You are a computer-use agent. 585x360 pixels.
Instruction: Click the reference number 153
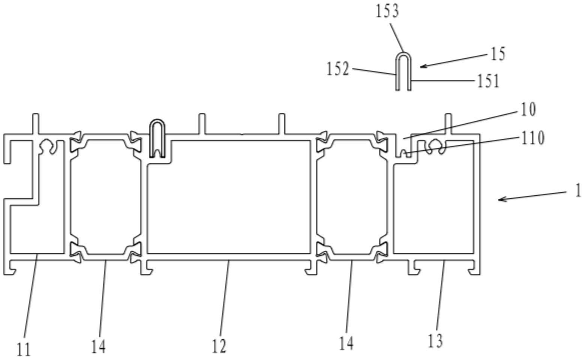click(x=387, y=11)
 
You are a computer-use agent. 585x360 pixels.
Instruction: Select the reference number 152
click(x=338, y=69)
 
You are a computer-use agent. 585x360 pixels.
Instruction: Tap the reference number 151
click(x=488, y=81)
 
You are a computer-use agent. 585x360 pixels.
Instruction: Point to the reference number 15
click(x=498, y=54)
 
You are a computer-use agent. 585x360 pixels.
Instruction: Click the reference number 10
click(x=528, y=110)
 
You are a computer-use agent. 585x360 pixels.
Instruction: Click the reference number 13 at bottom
click(x=435, y=341)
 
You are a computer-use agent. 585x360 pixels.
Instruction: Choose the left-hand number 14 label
click(x=98, y=346)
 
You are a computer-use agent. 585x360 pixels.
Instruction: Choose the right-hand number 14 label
click(x=346, y=343)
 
